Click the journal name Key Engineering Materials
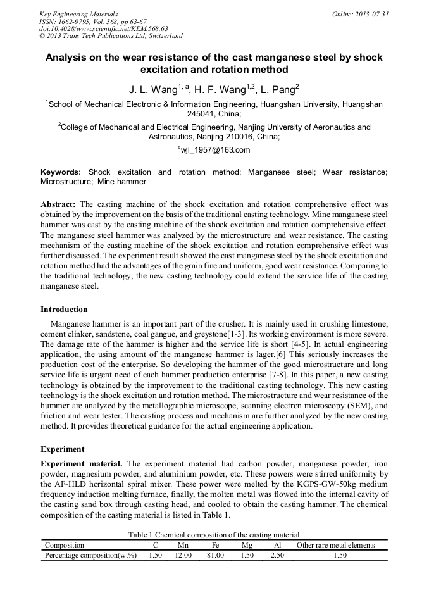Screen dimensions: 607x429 coord(78,14)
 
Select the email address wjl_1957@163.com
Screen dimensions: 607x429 coord(214,150)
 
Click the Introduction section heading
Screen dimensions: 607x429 coord(64,310)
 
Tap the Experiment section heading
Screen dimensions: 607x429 coord(62,449)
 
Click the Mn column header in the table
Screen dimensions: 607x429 coord(183,545)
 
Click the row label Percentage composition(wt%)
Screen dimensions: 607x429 coord(90,555)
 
